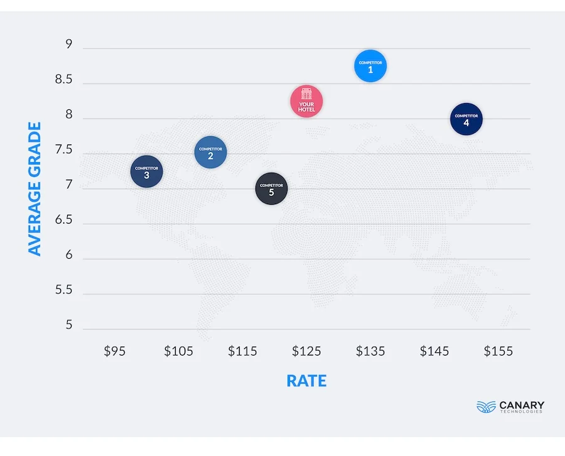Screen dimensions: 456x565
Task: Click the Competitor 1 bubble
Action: coord(370,66)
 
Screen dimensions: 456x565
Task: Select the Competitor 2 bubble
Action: coord(210,152)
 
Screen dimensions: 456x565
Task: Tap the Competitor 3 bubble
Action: coord(146,171)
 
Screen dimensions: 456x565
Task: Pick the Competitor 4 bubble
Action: coord(466,119)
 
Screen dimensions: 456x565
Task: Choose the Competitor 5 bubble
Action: coord(271,188)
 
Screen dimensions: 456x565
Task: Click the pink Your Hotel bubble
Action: coord(306,101)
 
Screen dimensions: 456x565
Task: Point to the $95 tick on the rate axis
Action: coord(114,351)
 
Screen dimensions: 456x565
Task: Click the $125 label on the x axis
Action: coord(306,351)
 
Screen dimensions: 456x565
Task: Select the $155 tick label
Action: coord(498,351)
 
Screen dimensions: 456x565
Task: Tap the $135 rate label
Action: coord(370,351)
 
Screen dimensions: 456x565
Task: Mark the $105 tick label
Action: coord(178,351)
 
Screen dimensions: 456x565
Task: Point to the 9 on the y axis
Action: coord(68,45)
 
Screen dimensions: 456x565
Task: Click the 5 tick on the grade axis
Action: coord(68,325)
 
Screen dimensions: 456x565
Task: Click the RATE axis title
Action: coord(306,381)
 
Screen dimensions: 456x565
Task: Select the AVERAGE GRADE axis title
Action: coord(35,188)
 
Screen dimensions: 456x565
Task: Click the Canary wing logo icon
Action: coord(486,406)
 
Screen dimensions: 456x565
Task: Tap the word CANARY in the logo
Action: coord(522,404)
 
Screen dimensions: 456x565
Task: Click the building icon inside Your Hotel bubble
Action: coord(306,94)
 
